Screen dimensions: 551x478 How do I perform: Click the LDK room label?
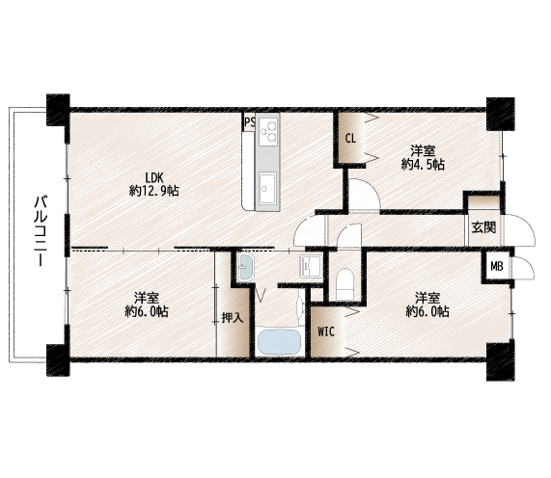point(154,176)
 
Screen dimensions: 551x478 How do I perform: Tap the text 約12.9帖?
point(154,191)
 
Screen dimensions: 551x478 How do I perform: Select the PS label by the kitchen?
point(250,122)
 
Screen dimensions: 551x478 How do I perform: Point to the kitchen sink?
point(267,188)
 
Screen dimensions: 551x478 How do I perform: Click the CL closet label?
point(350,139)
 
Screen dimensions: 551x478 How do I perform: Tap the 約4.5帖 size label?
point(423,164)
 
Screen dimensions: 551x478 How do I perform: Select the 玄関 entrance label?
point(483,227)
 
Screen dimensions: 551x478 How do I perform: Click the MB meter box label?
point(497,267)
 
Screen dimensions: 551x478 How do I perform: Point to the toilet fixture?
point(344,284)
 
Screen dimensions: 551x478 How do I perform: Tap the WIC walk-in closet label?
point(326,332)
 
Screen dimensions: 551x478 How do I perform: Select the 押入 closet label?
point(233,318)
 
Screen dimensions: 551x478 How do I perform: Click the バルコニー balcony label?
point(41,231)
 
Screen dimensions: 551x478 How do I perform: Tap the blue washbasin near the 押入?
point(245,267)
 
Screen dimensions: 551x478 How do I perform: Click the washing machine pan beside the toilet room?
point(311,267)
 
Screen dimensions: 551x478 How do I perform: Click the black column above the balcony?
point(58,110)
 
